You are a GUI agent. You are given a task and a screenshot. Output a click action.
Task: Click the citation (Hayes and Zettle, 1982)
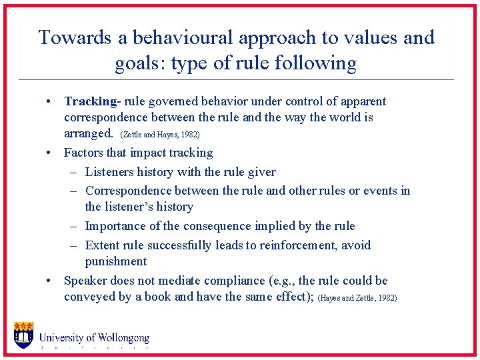(358, 298)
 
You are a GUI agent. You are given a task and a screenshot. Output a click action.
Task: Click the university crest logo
(23, 335)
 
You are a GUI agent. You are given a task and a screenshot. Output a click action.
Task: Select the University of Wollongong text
(94, 339)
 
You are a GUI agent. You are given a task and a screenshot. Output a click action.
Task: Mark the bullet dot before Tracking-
(49, 102)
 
